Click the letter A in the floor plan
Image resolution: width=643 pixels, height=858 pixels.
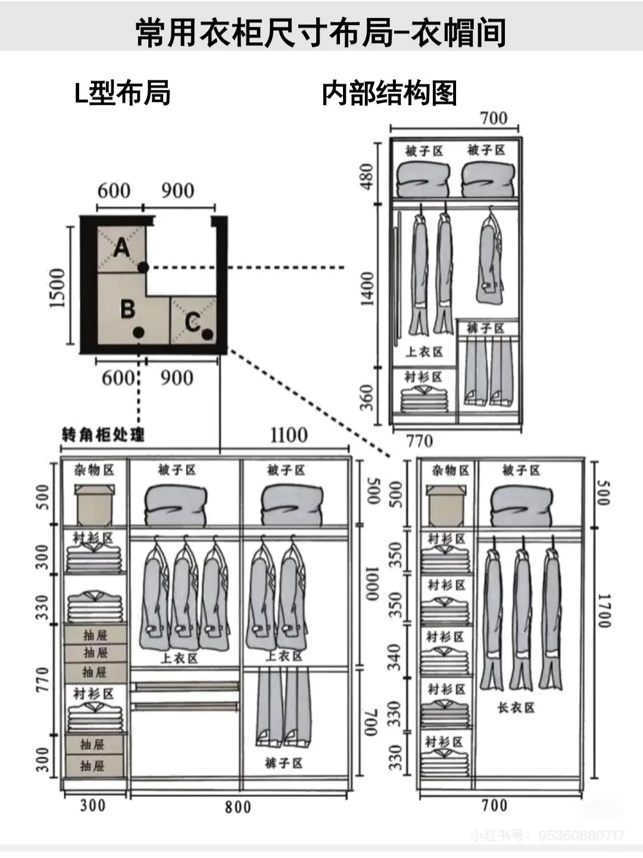click(x=122, y=247)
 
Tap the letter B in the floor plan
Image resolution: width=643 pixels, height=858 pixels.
click(x=127, y=309)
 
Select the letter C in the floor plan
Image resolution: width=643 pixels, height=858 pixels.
click(x=192, y=322)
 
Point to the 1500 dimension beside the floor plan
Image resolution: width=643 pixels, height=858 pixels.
click(x=57, y=288)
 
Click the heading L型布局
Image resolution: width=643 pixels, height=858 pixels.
click(x=122, y=94)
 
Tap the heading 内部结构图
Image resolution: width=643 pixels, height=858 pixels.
click(x=389, y=94)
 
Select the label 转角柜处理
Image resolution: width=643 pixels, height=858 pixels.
click(x=103, y=435)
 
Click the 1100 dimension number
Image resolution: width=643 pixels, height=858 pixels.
click(x=289, y=436)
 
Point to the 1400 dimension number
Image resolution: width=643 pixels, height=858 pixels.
click(x=367, y=288)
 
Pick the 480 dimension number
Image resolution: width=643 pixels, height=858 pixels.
click(x=367, y=176)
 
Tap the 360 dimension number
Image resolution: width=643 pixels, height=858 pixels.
click(x=367, y=397)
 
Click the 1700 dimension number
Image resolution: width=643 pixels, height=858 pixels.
click(x=604, y=610)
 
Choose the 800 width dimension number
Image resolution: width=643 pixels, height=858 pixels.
click(x=238, y=807)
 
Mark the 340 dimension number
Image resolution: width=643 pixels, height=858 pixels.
click(x=395, y=657)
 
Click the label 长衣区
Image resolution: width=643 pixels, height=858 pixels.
click(x=516, y=708)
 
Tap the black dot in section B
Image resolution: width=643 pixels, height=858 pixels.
click(x=139, y=332)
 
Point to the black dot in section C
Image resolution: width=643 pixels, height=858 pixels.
click(x=207, y=334)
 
